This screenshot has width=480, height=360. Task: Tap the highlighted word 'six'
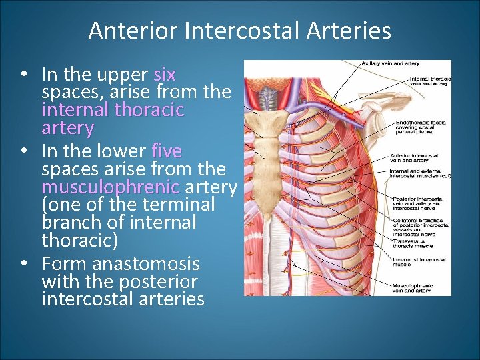pyautogui.click(x=165, y=73)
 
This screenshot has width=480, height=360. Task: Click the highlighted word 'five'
pyautogui.click(x=167, y=150)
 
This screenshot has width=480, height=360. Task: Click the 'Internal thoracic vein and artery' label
pyautogui.click(x=429, y=82)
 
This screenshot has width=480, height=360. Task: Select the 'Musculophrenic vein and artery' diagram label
pyautogui.click(x=413, y=288)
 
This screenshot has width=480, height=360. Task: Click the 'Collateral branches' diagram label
pyautogui.click(x=419, y=225)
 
